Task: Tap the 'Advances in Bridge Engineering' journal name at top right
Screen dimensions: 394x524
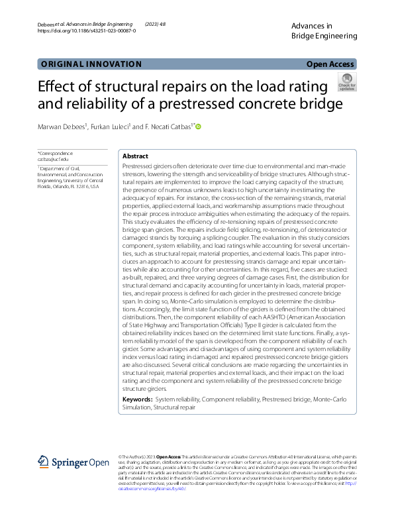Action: (324, 30)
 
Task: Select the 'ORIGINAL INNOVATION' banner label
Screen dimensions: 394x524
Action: (91, 64)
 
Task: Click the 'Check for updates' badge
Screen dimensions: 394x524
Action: (347, 82)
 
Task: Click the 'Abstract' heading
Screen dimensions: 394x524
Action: (136, 156)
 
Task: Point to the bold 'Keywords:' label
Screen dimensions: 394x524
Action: (137, 400)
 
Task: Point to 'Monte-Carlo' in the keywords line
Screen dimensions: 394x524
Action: (326, 400)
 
